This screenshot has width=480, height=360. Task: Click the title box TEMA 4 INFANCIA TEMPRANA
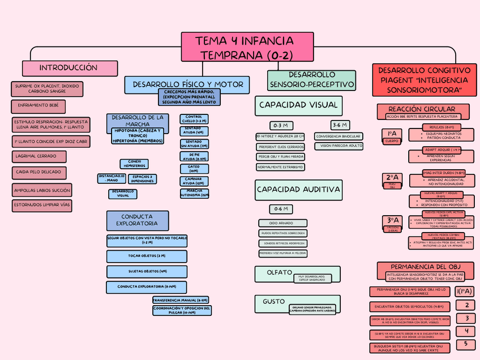247,47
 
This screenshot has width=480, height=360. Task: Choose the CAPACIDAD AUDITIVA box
298,190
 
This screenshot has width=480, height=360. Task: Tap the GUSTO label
273,302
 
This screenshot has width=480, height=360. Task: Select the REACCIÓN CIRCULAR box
423,109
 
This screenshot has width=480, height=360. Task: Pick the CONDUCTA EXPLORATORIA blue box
137,220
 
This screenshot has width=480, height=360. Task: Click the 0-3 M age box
281,125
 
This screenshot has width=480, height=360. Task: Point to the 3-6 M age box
340,125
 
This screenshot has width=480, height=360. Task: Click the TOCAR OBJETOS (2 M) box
147,256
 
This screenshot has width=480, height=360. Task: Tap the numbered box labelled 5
466,344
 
